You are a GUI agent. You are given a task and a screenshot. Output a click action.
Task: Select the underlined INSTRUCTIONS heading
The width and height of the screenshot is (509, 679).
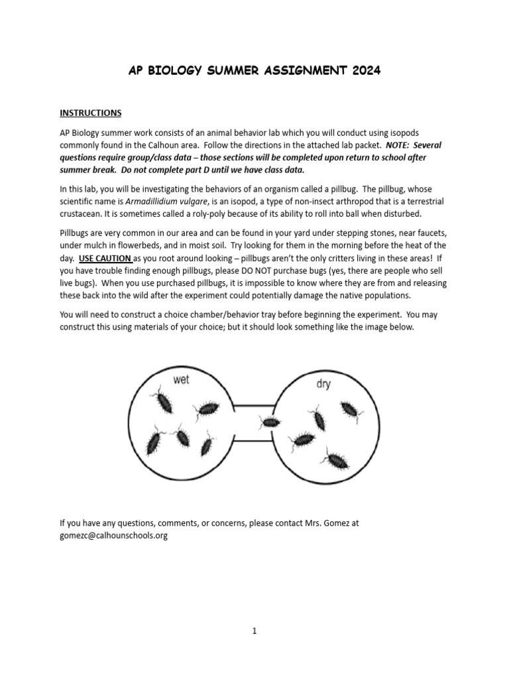[91, 113]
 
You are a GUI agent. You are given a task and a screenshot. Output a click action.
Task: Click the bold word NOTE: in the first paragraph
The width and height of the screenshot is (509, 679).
[398, 145]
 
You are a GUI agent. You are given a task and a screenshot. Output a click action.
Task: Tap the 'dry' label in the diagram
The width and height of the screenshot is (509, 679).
[323, 384]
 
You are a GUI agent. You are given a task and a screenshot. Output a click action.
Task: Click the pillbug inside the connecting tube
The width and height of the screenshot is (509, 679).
[270, 422]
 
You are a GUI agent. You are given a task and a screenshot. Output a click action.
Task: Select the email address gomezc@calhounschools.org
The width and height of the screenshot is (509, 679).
[113, 535]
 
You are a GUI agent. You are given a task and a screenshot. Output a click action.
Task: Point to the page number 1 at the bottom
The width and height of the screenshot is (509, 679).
[254, 631]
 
